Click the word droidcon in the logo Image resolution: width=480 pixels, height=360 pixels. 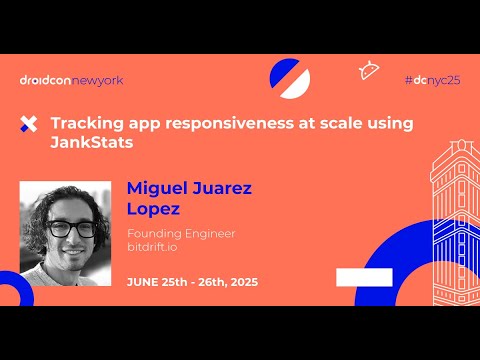(x=45, y=80)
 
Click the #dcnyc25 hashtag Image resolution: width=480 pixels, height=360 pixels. (x=432, y=79)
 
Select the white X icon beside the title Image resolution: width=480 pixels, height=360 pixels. (x=28, y=125)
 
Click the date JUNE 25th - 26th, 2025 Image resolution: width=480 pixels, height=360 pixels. (x=192, y=282)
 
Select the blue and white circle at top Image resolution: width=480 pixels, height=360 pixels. (x=290, y=77)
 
